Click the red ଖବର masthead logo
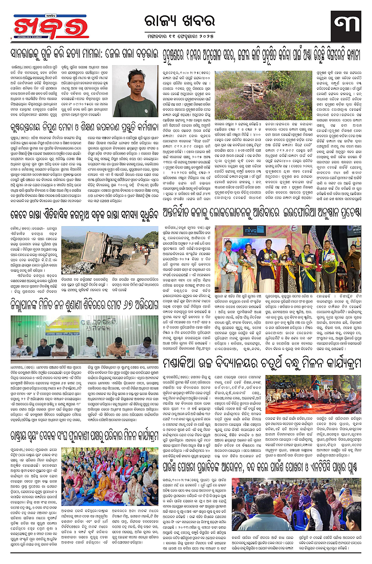tap(45, 27)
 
